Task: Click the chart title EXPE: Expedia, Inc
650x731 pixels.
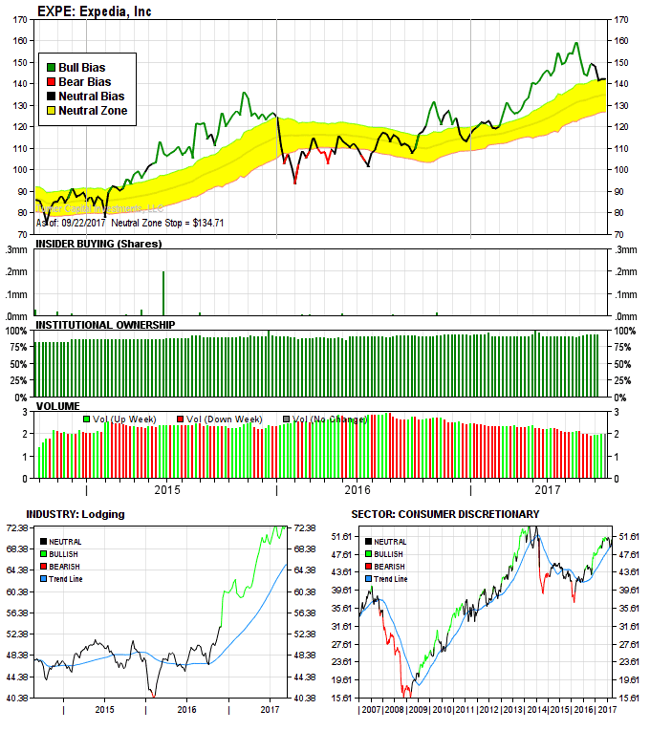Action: [x=94, y=11]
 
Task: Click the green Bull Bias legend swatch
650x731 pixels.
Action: [x=51, y=68]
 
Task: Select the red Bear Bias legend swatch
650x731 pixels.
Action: [x=51, y=82]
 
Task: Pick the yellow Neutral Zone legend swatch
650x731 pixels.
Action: [x=51, y=111]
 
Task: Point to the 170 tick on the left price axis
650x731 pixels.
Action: [x=19, y=19]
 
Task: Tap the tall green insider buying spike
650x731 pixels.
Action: [x=163, y=292]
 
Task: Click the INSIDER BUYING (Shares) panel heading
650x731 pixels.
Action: [x=98, y=244]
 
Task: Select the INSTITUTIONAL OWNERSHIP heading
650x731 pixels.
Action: [x=105, y=325]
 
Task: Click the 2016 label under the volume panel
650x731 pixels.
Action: [x=357, y=490]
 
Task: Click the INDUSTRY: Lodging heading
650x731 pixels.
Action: [x=76, y=514]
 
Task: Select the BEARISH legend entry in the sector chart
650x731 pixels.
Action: [x=392, y=567]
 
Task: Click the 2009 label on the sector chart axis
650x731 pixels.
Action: [x=418, y=710]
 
